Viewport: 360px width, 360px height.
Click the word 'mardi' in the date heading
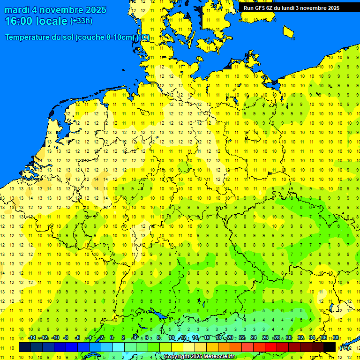17,10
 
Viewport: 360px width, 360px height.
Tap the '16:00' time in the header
19,21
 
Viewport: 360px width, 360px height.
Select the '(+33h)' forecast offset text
81,21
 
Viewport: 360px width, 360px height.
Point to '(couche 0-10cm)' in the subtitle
105,37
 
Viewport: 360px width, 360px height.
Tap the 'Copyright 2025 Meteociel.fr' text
199,357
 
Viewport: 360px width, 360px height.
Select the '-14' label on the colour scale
32,338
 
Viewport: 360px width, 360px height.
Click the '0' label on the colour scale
112,338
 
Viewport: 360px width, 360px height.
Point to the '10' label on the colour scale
172,338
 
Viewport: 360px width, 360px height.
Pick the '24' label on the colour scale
254,338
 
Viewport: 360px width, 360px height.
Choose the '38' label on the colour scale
336,338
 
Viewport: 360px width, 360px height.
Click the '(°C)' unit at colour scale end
345,348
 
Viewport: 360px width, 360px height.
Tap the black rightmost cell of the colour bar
330,347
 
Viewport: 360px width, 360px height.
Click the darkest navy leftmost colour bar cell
25,347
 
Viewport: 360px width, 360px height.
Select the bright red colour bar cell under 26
271,347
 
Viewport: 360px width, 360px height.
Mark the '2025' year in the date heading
93,10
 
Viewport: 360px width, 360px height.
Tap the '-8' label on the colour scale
66,338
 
